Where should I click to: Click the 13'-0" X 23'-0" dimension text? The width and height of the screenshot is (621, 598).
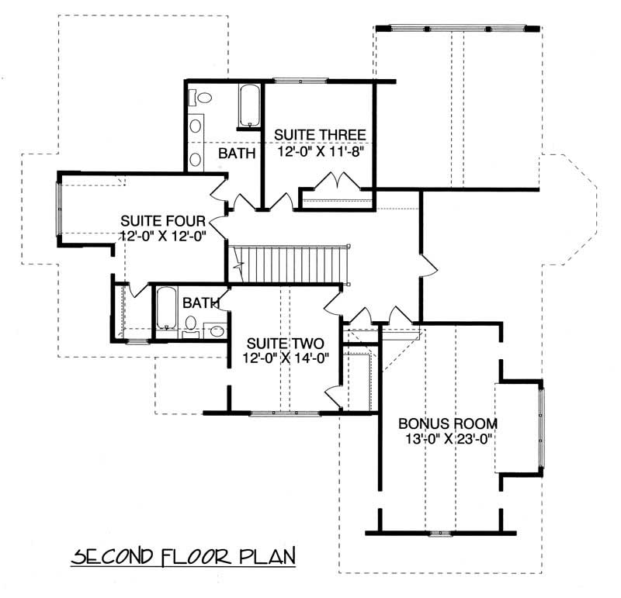[x=447, y=439]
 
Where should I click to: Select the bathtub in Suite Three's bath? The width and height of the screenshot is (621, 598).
[x=249, y=106]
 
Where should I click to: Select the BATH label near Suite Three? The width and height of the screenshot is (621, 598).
[x=237, y=154]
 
